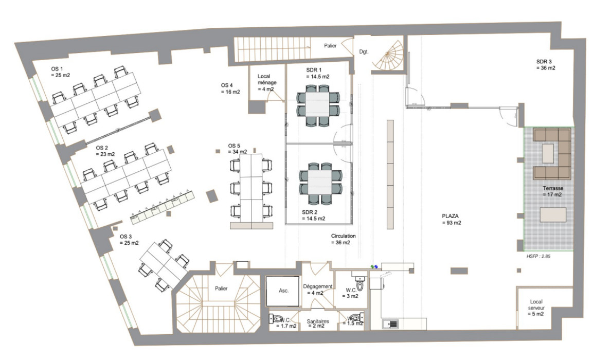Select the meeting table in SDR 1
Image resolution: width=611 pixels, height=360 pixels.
pyautogui.click(x=318, y=109)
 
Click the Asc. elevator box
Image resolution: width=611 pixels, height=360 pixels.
pyautogui.click(x=283, y=291)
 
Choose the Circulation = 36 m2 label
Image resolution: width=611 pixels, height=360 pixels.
pyautogui.click(x=343, y=239)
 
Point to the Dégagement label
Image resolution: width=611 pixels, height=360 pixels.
pyautogui.click(x=318, y=290)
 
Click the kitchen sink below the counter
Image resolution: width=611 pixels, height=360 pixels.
pyautogui.click(x=390, y=324)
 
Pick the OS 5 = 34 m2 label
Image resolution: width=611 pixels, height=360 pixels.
pyautogui.click(x=237, y=149)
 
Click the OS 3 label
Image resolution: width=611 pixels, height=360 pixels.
pyautogui.click(x=127, y=240)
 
